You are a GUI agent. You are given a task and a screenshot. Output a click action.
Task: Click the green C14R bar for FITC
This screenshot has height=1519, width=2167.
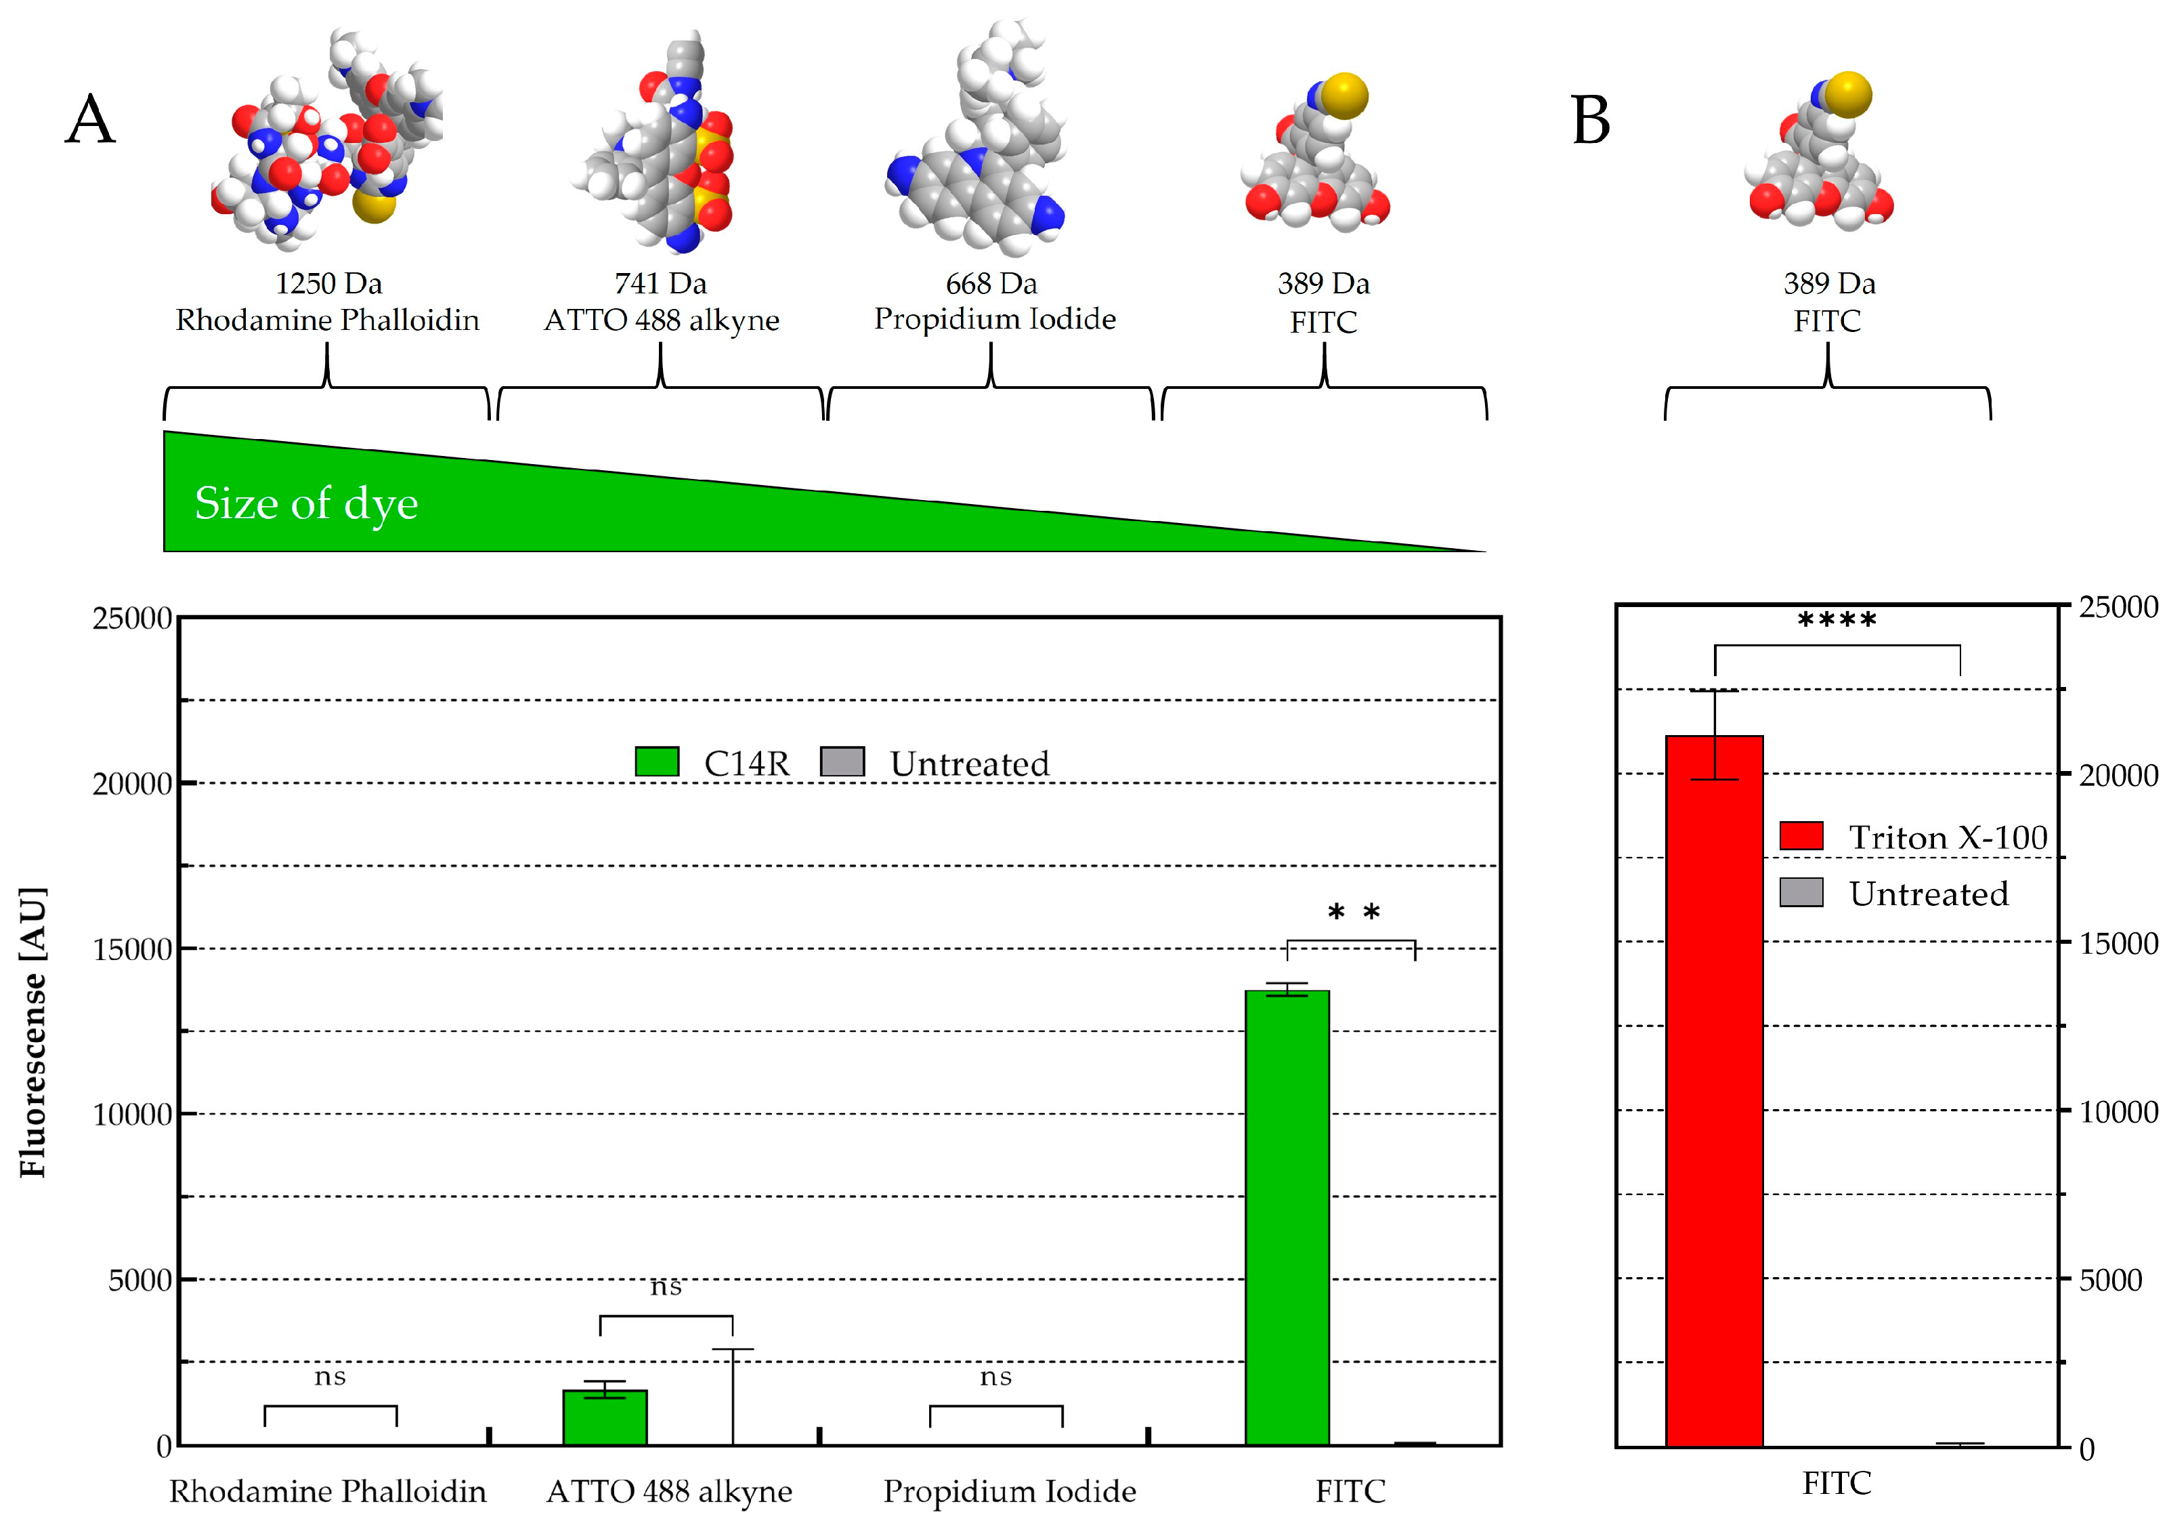click(1287, 1218)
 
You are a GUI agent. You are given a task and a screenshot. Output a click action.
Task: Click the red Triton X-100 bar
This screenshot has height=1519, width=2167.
click(1714, 1090)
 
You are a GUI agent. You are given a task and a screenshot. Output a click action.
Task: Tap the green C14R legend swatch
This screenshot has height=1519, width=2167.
click(657, 762)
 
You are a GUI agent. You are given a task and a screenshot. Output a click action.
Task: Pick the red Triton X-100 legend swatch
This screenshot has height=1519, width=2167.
click(1801, 835)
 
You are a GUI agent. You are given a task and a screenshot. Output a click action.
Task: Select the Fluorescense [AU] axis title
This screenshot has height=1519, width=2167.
click(33, 1031)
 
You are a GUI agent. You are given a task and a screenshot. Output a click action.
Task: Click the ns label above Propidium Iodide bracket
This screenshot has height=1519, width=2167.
click(995, 1377)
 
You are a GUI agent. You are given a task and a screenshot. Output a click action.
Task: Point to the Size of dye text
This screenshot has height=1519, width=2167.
click(306, 503)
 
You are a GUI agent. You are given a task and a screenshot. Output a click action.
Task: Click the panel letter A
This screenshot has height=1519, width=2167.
click(91, 120)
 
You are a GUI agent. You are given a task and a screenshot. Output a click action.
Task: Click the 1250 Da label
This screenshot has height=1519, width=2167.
click(328, 283)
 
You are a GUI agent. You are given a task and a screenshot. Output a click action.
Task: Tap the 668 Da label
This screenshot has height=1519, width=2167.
click(991, 283)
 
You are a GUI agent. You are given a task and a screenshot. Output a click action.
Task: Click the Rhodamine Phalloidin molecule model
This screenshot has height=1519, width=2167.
click(326, 142)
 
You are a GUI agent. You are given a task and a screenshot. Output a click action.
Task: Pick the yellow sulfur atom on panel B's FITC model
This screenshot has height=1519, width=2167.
click(1847, 94)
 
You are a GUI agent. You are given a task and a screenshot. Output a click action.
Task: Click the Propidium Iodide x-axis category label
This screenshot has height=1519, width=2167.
click(1009, 1492)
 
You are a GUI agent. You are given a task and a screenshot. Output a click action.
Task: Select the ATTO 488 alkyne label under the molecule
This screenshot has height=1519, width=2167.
click(662, 320)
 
